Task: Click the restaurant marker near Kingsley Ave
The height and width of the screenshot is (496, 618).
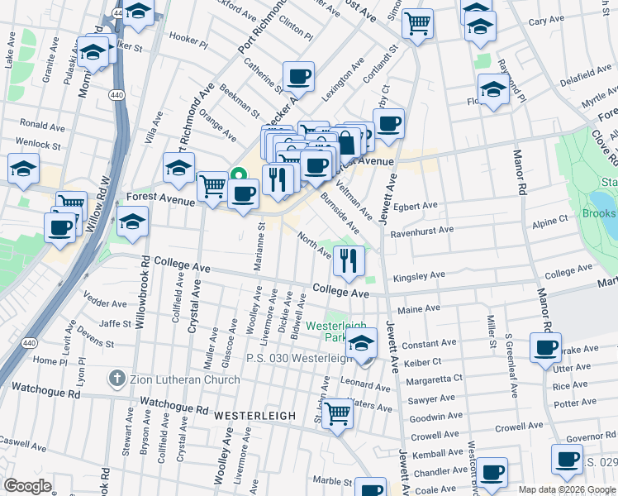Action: click(349, 261)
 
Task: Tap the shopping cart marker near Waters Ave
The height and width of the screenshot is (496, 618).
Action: click(337, 413)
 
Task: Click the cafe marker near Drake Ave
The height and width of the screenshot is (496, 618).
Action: click(545, 348)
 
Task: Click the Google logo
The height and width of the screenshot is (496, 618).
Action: click(28, 486)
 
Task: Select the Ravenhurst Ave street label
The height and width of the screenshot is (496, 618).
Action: click(423, 231)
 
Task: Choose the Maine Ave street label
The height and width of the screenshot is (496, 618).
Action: click(419, 309)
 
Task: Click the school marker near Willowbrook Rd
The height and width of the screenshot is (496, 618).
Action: click(132, 222)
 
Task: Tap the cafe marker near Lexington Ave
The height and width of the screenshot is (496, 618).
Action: click(298, 77)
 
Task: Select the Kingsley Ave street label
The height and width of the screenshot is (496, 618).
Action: click(419, 275)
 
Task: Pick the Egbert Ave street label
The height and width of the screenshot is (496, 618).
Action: click(416, 206)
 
